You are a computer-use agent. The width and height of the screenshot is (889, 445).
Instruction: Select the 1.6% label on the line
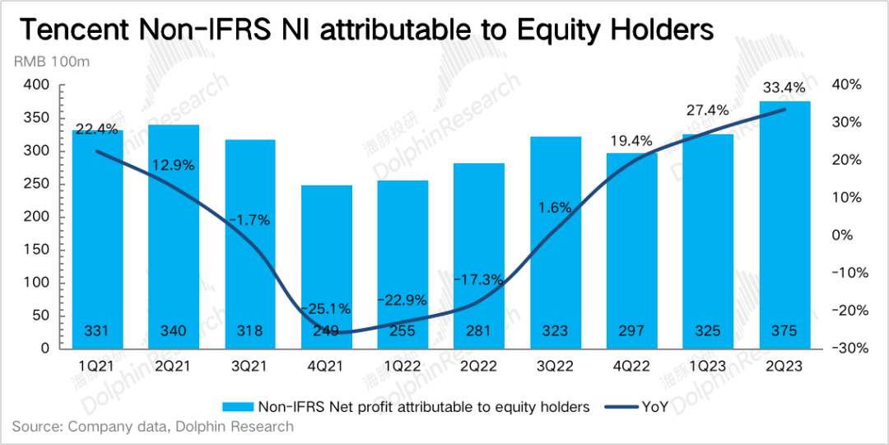(x=556, y=208)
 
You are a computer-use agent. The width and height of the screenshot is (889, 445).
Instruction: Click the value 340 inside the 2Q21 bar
(x=174, y=331)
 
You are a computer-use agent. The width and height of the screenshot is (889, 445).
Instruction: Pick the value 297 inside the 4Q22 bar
(x=632, y=331)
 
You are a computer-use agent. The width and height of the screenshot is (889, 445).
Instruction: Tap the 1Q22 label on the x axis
(x=403, y=363)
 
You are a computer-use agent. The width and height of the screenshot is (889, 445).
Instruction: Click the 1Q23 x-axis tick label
(x=708, y=363)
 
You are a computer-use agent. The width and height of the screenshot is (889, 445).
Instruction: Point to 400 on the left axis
(x=40, y=85)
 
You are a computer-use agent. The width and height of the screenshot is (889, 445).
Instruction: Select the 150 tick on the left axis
(x=40, y=250)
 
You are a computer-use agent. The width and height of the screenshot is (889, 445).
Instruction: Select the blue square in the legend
(x=238, y=406)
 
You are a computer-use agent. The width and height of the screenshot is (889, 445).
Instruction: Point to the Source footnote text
(x=152, y=427)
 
